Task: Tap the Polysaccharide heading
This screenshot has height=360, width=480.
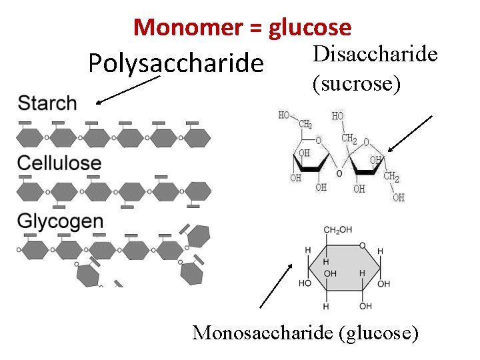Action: (176, 63)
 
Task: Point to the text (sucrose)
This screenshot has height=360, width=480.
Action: (356, 83)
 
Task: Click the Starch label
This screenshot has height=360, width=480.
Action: (47, 103)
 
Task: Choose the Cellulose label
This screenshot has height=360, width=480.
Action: (59, 163)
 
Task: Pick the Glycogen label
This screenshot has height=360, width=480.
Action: (60, 221)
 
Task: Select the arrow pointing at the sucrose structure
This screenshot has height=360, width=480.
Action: (410, 135)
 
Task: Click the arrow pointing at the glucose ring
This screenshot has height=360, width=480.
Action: (275, 286)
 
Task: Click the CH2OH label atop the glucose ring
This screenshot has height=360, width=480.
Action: (338, 230)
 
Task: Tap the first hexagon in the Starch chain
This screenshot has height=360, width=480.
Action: (30, 137)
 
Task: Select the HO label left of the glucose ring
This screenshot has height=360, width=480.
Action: (305, 283)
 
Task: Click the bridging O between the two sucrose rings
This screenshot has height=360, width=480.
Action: (339, 173)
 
